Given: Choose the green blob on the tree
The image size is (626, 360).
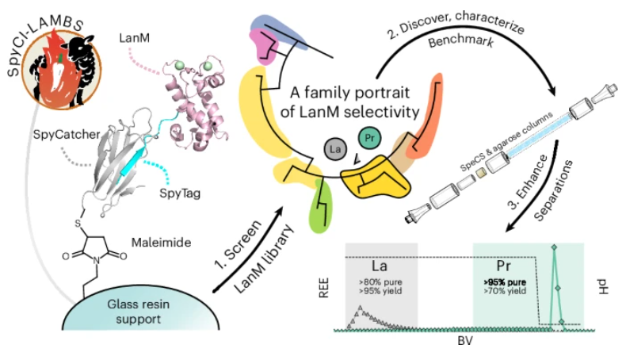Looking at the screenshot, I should pos(321,205).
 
